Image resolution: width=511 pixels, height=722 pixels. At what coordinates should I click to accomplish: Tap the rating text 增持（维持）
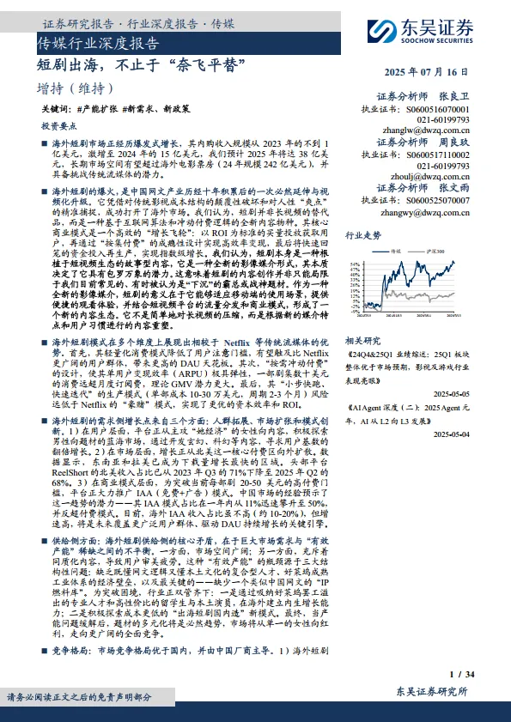pos(76,88)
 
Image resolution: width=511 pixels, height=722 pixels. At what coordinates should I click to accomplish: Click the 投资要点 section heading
pos(59,126)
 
